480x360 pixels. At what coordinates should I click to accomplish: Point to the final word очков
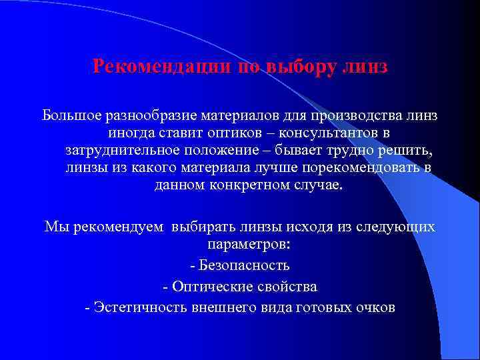click(375, 308)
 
